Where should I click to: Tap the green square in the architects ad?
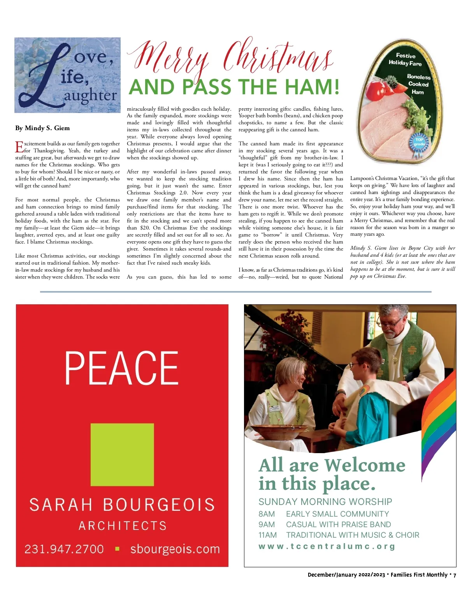click(122, 454)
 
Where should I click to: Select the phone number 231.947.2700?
click(64, 549)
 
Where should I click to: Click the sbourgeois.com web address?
click(175, 549)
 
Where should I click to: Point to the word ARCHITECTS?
click(123, 526)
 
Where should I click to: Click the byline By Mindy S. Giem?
click(42, 128)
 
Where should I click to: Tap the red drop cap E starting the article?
click(19, 147)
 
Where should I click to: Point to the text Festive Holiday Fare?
click(405, 59)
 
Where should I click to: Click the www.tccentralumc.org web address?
click(327, 546)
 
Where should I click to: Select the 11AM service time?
click(267, 535)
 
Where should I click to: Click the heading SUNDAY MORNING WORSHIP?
click(325, 501)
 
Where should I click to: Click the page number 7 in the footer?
click(455, 575)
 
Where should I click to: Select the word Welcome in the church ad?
click(365, 465)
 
